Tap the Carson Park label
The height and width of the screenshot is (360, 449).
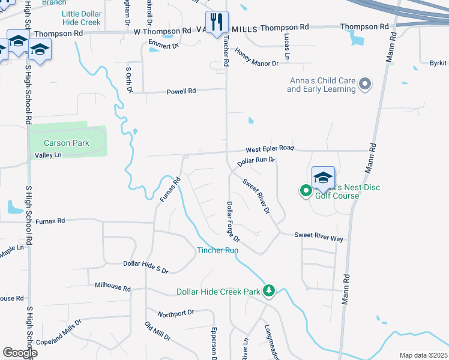67,143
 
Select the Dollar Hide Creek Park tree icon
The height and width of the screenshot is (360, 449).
270,291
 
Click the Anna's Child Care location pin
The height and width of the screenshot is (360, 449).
365,85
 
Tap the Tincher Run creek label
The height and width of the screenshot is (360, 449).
218,250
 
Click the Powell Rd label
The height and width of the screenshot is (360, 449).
181,91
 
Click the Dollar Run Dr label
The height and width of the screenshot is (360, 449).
256,161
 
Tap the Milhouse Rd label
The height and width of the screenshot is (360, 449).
113,288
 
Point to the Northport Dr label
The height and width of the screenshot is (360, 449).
176,313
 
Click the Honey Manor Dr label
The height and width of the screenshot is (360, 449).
256,58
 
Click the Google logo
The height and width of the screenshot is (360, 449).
20,353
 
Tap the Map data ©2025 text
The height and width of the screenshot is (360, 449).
423,355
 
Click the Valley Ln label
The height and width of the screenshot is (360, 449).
49,155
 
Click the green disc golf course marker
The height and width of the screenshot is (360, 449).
306,191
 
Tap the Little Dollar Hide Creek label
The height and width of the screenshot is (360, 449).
82,18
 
